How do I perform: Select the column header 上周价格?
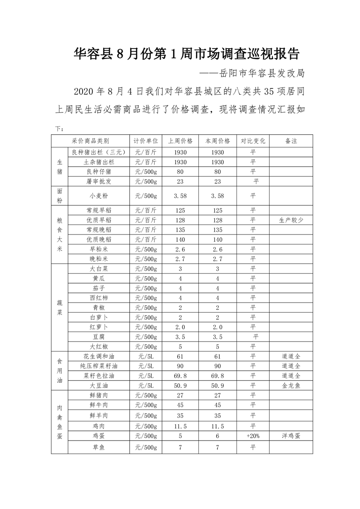coord(180,141)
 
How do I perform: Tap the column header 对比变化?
coord(253,141)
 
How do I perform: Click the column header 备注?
coord(291,141)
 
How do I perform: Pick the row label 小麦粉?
coord(99,196)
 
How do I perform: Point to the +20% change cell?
coord(253,436)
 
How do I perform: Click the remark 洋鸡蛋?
coord(291,436)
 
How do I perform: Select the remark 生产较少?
coord(291,220)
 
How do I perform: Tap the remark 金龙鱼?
coord(291,386)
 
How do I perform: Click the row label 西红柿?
coord(99,298)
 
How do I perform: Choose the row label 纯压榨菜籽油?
coord(99,366)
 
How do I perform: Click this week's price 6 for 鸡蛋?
coord(217,436)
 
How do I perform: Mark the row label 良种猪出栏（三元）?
coord(99,152)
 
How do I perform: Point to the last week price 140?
coord(180,240)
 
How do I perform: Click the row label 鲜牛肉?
coord(99,405)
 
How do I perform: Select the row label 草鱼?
coord(99,448)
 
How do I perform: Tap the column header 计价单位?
coord(146,141)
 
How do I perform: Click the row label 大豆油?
coord(99,386)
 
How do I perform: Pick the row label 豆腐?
coord(99,337)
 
